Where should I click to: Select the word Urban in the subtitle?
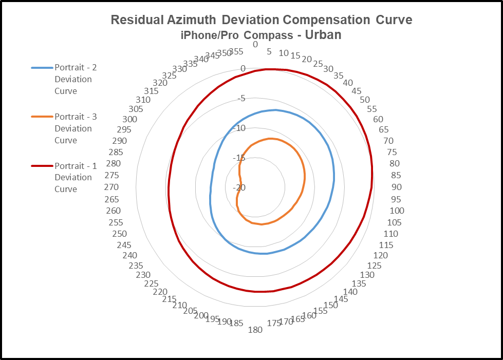[323, 35]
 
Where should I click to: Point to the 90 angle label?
[396, 187]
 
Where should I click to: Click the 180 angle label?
[255, 330]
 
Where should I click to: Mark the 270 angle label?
[111, 187]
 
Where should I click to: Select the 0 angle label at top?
[255, 45]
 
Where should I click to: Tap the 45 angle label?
[357, 91]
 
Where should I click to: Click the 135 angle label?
[359, 284]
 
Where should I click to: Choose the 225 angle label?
[151, 284]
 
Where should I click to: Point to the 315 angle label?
[151, 91]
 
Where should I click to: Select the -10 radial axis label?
[239, 128]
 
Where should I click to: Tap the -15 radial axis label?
[239, 158]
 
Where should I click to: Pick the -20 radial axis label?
[239, 187]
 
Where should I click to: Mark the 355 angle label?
[236, 51]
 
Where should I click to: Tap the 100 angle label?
[397, 211]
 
